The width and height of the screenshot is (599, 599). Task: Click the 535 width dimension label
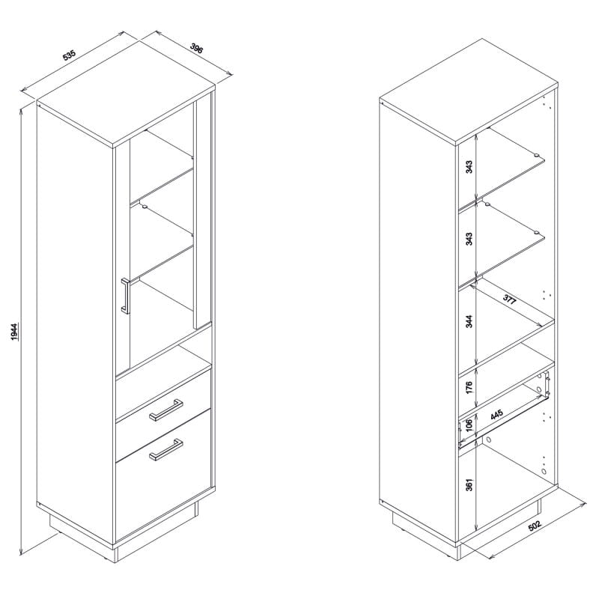point(70,55)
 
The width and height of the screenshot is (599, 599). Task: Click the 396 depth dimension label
point(197,49)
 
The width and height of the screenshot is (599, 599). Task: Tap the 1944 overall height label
point(14,331)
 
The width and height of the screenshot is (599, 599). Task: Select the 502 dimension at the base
point(535,526)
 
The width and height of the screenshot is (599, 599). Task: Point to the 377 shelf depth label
point(509,299)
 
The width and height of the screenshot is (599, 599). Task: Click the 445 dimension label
point(496,415)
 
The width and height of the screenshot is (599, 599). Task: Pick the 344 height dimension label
point(469,321)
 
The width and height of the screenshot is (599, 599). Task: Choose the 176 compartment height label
point(469,387)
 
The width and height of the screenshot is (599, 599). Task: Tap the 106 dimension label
point(469,423)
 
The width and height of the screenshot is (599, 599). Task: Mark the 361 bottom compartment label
point(469,484)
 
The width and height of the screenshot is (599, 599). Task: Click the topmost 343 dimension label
point(469,167)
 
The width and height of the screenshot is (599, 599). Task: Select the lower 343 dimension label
point(469,239)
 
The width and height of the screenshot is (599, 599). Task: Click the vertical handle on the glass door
point(125,296)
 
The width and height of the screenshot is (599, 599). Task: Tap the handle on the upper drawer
point(165,410)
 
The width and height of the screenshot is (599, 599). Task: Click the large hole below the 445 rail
point(488,440)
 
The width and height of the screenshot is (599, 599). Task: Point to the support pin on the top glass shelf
point(536,156)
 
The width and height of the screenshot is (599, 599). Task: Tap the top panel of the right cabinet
point(469,91)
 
